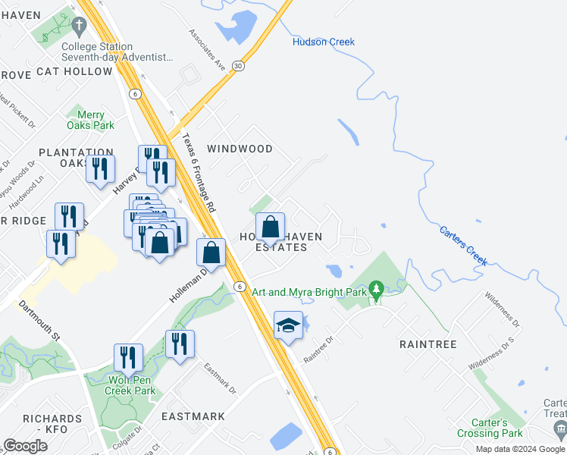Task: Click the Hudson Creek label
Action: (324, 42)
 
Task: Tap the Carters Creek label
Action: (463, 243)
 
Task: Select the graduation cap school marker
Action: (288, 326)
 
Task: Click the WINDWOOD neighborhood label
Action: (240, 149)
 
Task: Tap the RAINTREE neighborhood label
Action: (428, 344)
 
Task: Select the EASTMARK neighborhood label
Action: (193, 416)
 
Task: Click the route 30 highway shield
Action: (239, 66)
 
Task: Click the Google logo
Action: (26, 446)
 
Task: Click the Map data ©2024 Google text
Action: (521, 449)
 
